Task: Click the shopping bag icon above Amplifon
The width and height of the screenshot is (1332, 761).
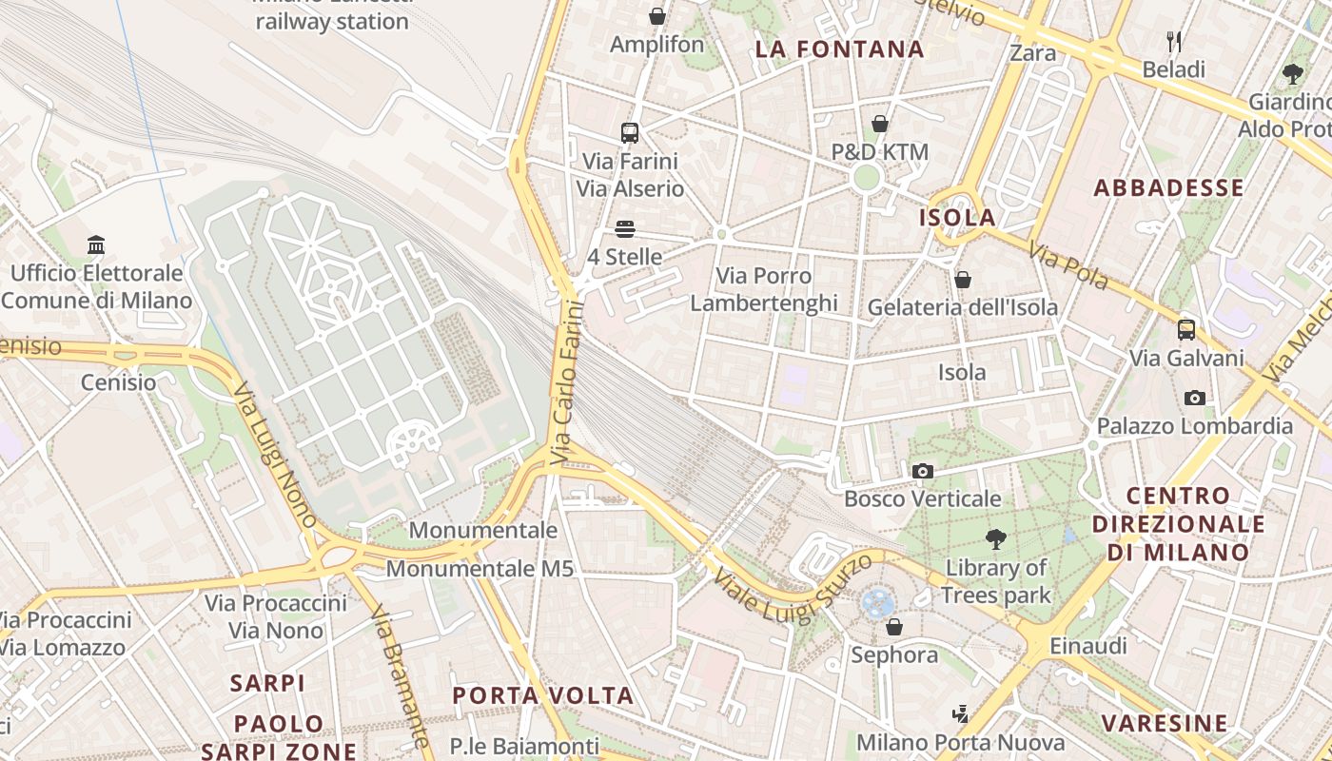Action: [x=656, y=16]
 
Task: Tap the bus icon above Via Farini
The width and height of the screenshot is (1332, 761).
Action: [x=629, y=133]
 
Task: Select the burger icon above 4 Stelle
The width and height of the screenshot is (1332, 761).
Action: [x=625, y=229]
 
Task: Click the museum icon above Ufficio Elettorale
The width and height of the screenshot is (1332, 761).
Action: [x=96, y=245]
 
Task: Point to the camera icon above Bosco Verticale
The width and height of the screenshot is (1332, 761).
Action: [x=922, y=471]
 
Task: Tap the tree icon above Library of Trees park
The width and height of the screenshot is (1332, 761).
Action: [x=995, y=539]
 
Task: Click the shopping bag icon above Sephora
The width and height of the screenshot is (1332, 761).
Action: [x=893, y=627]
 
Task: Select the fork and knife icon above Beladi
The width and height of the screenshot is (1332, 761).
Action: [x=1174, y=42]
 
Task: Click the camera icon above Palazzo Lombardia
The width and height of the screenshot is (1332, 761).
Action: [x=1195, y=398]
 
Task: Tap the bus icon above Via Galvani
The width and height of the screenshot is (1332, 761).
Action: [x=1186, y=330]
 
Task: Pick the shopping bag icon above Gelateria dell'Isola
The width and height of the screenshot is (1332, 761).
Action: [x=962, y=280]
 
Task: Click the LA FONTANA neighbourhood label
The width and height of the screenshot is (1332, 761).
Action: [x=840, y=49]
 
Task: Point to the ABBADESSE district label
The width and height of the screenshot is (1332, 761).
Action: [x=1168, y=187]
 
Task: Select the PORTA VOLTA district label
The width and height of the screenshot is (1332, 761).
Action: [x=542, y=695]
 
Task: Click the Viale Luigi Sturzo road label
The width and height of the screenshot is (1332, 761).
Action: [x=793, y=588]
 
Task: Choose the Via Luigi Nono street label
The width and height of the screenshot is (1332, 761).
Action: [x=275, y=455]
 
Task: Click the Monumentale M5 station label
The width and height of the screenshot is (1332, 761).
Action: [x=480, y=569]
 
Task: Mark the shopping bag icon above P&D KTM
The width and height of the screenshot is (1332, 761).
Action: [x=880, y=124]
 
